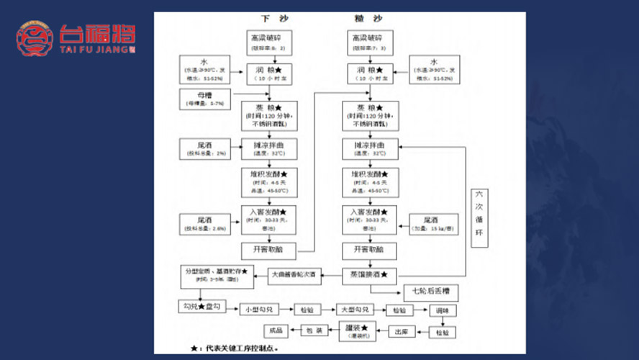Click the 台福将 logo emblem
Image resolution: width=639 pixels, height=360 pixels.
tap(35, 40)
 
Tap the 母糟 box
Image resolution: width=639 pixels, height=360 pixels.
tap(206, 97)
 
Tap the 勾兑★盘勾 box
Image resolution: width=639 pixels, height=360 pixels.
tap(199, 307)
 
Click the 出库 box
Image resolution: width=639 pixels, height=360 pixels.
tap(402, 332)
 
